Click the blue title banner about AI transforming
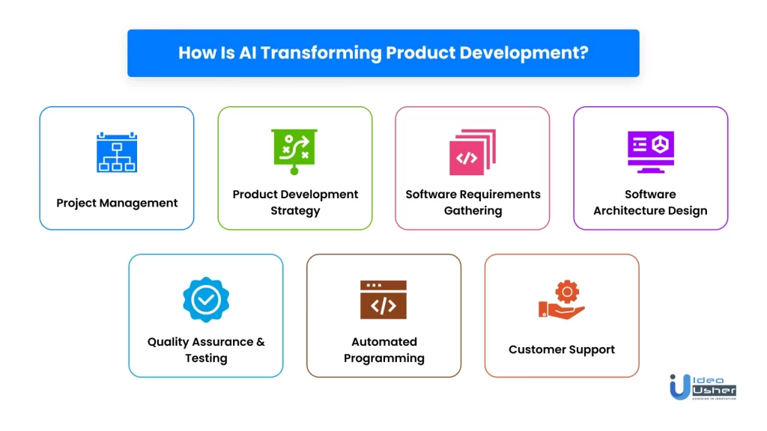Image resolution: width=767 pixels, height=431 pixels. [x=383, y=53]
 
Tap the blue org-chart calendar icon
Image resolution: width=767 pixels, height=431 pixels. [x=117, y=153]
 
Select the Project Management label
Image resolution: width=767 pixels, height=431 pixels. [x=117, y=203]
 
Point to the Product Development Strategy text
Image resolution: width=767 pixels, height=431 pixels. [x=295, y=202]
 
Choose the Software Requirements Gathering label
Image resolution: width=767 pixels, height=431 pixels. [x=473, y=202]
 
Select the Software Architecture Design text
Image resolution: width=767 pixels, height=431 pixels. [x=650, y=202]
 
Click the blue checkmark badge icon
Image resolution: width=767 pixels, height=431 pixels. [x=206, y=299]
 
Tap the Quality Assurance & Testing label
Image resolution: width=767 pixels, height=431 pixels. [x=206, y=349]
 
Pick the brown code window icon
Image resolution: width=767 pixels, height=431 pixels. [x=383, y=300]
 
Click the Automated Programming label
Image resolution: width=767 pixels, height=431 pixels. [x=384, y=349]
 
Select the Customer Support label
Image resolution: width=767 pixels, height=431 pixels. [x=562, y=349]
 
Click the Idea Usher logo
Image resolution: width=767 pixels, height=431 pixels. [x=703, y=386]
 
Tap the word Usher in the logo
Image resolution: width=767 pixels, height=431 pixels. [x=716, y=391]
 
